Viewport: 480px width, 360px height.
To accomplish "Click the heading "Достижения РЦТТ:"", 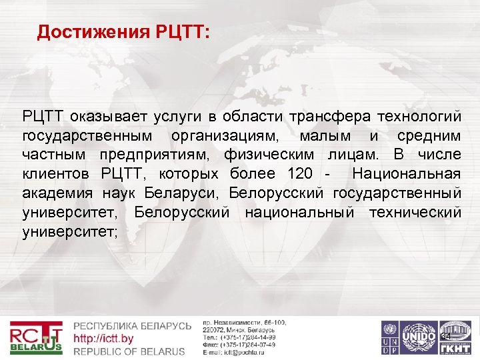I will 123,32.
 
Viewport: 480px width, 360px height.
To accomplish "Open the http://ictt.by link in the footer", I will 104,339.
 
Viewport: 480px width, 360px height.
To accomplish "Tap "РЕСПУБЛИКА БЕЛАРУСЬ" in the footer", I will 132,327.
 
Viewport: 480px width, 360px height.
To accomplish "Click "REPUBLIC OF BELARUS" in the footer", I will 129,351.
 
